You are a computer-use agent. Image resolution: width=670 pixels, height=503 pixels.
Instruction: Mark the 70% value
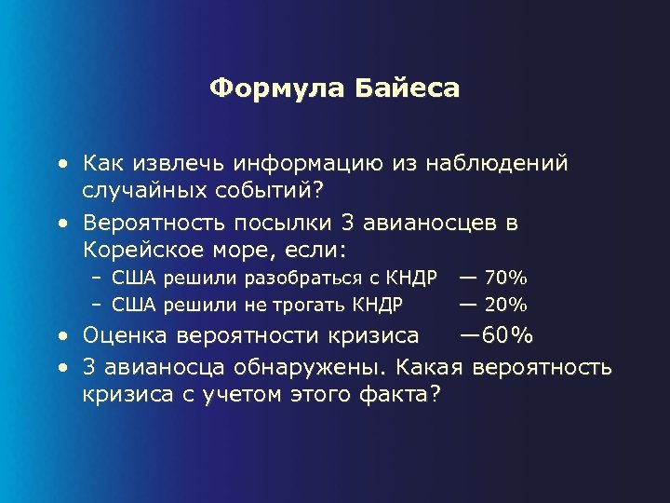tap(506, 279)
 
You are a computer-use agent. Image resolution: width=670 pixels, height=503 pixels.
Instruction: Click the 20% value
tap(506, 304)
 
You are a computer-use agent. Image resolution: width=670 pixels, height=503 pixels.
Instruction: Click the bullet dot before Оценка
tap(62, 336)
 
